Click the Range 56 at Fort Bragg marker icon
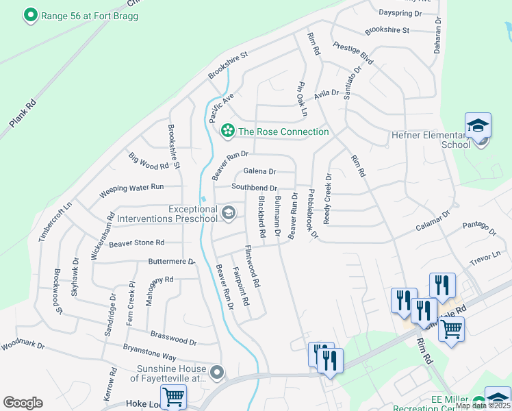pyautogui.click(x=30, y=15)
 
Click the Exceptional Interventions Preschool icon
pyautogui.click(x=229, y=213)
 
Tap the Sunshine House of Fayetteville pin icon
pyautogui.click(x=217, y=373)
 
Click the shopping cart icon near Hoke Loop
pyautogui.click(x=173, y=396)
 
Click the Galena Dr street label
pyautogui.click(x=259, y=172)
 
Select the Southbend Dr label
pyautogui.click(x=254, y=188)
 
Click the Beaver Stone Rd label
pyautogui.click(x=137, y=242)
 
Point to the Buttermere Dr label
pyautogui.click(x=172, y=262)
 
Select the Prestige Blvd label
pyautogui.click(x=353, y=53)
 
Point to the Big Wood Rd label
pyautogui.click(x=149, y=162)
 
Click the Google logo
pyautogui.click(x=23, y=403)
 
